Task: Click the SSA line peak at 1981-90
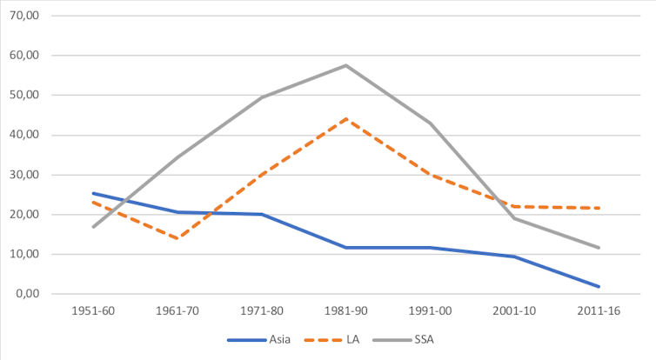[345, 65]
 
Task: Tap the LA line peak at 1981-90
[345, 118]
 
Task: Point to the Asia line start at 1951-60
[93, 193]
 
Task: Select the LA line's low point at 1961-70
[177, 238]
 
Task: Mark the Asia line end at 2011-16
[599, 286]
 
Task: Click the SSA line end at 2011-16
[599, 248]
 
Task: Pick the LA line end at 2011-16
[599, 208]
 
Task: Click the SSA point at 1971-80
[261, 97]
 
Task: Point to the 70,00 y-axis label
[27, 16]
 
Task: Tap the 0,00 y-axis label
[30, 294]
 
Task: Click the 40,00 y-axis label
[27, 135]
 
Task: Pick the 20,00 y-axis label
[27, 215]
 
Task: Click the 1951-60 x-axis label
[93, 310]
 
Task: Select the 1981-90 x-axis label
[345, 310]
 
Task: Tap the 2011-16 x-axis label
[599, 310]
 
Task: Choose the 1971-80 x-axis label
[261, 310]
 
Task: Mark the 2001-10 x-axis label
[514, 310]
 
